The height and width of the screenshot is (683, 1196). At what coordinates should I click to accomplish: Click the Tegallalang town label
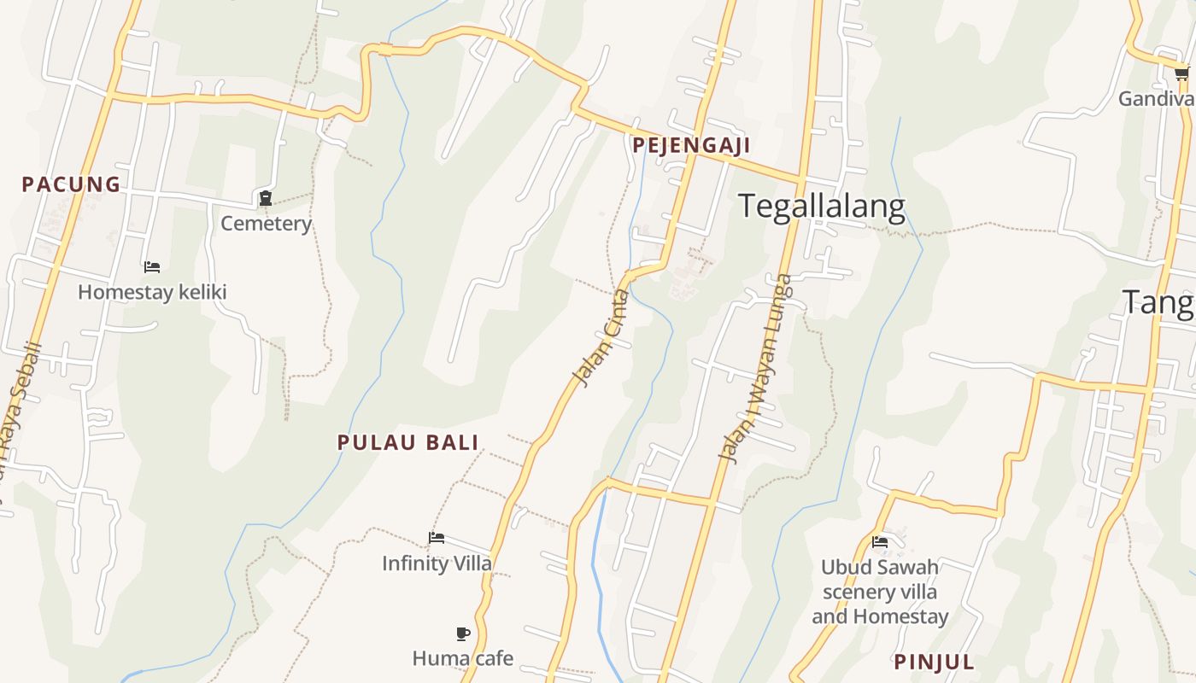tap(821, 207)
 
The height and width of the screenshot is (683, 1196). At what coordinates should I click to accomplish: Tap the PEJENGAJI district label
tap(691, 145)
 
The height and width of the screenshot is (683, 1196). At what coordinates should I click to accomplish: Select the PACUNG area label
tap(71, 184)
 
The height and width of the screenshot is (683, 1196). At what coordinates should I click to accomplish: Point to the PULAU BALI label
tap(408, 442)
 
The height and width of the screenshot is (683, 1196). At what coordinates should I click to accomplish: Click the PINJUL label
tap(934, 662)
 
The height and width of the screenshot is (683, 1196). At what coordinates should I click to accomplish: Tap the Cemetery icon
tap(266, 199)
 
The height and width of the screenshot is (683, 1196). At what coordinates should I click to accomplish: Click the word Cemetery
tap(266, 224)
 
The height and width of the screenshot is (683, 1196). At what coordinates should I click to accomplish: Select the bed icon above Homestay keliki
tap(152, 267)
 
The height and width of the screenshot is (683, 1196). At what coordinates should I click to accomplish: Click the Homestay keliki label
tap(152, 292)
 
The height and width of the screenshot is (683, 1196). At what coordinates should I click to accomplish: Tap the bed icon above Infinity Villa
tap(437, 538)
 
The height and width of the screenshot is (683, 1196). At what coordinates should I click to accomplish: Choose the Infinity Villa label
tap(437, 563)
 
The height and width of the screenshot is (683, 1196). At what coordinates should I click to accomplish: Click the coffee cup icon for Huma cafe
tap(462, 633)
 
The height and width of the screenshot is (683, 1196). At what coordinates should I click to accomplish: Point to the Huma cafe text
tap(462, 658)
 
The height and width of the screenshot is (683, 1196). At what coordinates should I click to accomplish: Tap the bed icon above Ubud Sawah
tap(880, 542)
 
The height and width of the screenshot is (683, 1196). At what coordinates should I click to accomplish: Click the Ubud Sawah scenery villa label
tap(880, 592)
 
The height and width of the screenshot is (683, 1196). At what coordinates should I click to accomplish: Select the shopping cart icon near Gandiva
tap(1181, 74)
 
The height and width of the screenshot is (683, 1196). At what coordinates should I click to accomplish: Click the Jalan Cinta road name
tap(601, 338)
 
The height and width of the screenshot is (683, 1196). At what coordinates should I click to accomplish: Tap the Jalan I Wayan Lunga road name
tap(754, 369)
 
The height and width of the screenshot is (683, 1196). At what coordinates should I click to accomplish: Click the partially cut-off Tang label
tap(1158, 303)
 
